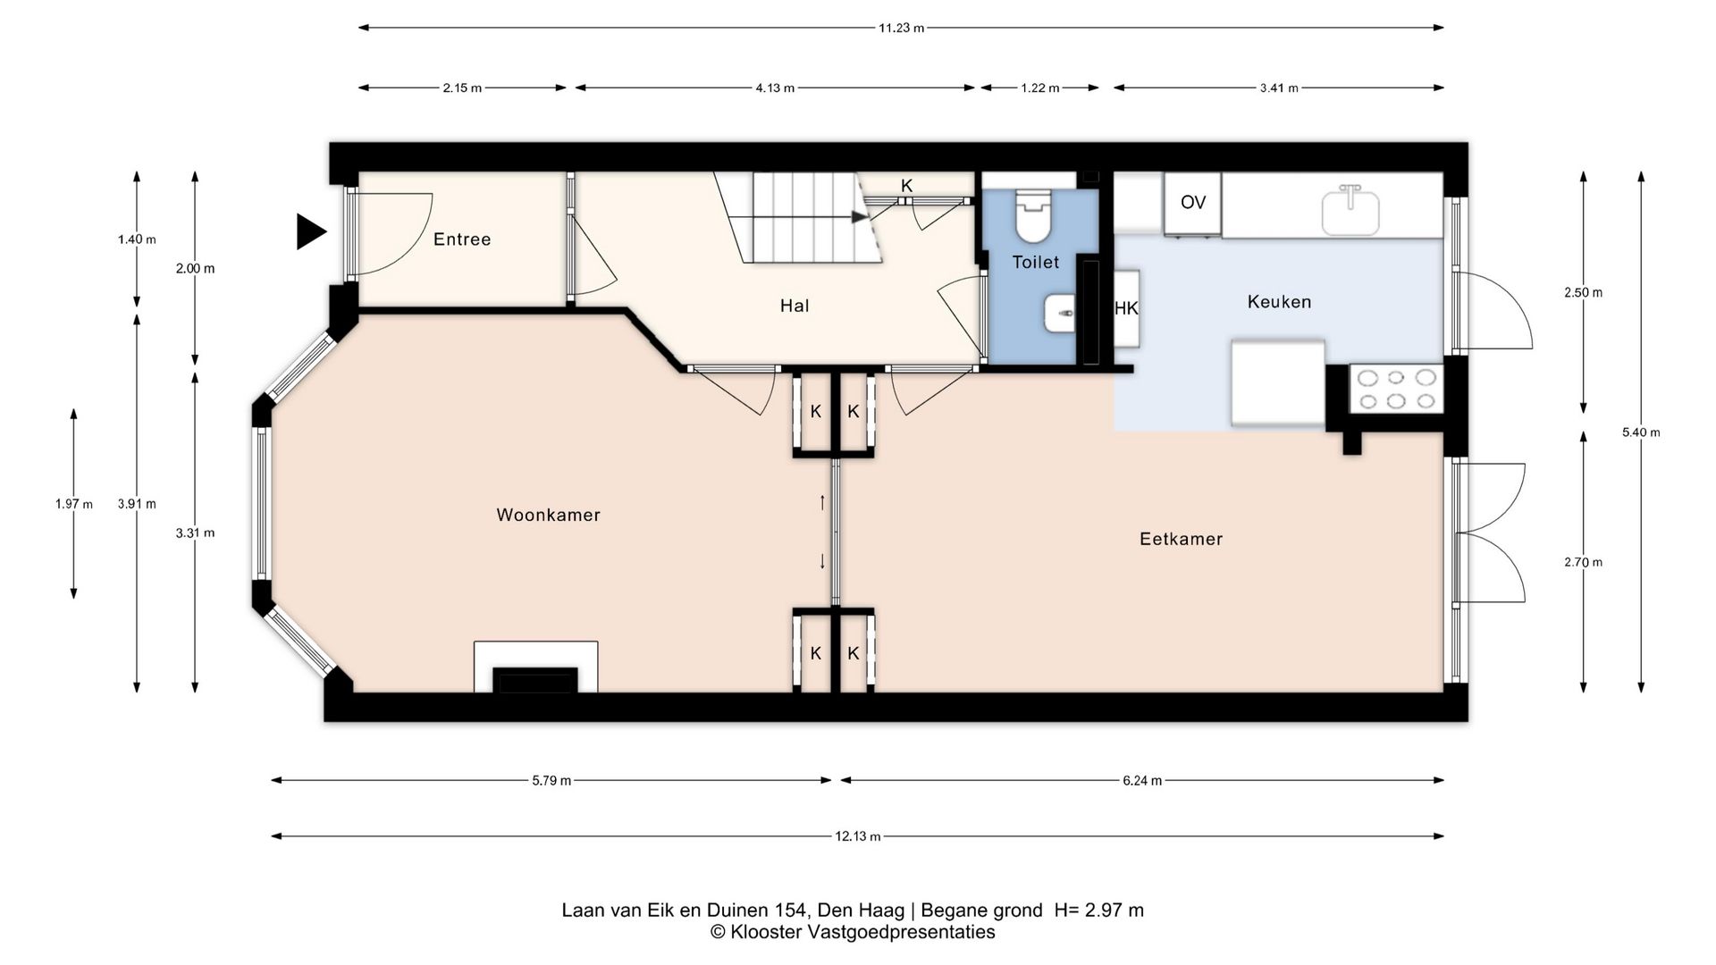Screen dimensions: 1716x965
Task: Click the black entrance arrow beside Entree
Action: [309, 232]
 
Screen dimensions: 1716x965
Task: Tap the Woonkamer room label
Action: [548, 515]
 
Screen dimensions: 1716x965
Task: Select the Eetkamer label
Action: [1181, 539]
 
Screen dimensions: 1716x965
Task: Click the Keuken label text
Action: [1279, 302]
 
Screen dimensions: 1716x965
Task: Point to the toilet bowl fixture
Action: [1032, 217]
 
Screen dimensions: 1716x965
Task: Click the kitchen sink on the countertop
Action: [1350, 210]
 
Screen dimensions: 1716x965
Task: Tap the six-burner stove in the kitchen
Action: [1395, 390]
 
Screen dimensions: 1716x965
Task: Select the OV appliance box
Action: [1192, 204]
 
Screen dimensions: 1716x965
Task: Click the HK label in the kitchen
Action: [1126, 308]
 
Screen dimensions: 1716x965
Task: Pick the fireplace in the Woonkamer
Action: [536, 667]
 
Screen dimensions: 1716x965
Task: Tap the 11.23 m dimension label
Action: [901, 28]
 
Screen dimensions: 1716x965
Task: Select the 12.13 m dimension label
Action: [858, 836]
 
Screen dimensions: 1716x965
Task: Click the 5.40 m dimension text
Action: [1641, 432]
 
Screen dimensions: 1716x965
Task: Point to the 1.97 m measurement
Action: [74, 504]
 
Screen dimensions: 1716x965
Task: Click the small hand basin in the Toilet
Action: [1059, 314]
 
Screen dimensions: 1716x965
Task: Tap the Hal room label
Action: [795, 306]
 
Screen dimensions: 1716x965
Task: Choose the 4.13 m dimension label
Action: [775, 88]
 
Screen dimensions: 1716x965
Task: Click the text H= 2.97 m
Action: [1098, 910]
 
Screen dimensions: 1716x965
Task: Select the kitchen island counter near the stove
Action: [1278, 383]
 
